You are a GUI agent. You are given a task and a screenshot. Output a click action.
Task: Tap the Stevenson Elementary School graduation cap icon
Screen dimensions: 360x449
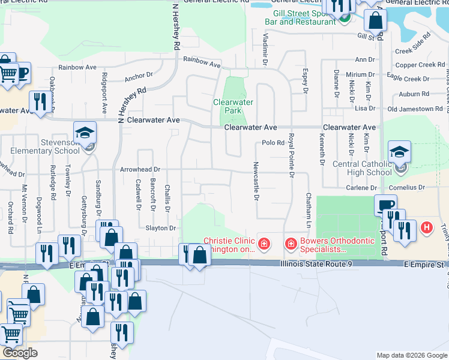click(85, 133)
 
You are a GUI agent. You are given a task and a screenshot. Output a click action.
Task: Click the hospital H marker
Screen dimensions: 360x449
click(427, 228)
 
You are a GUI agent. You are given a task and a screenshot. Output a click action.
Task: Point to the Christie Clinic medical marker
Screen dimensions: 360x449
click(263, 244)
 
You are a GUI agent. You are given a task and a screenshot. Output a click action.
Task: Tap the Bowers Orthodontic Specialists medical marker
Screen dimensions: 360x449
click(291, 244)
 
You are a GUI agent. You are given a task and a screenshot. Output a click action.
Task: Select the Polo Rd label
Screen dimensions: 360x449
click(273, 143)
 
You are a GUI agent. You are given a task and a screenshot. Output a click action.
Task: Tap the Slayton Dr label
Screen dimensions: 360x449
click(160, 228)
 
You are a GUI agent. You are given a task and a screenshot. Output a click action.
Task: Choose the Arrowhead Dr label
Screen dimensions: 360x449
click(140, 170)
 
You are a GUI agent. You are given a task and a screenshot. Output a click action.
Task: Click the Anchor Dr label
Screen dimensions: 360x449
click(139, 78)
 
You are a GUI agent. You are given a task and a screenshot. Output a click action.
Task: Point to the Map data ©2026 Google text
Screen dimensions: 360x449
click(411, 355)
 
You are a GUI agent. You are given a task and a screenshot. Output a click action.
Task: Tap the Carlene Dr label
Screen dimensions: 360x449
click(361, 188)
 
